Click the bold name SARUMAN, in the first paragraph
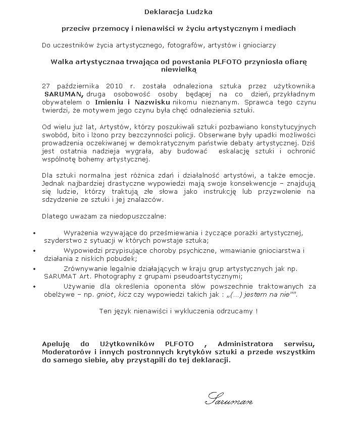pos(63,94)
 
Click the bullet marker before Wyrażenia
pos(33,233)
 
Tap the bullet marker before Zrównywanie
pos(33,268)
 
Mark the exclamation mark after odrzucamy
pos(256,311)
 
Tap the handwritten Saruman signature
pos(229,402)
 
